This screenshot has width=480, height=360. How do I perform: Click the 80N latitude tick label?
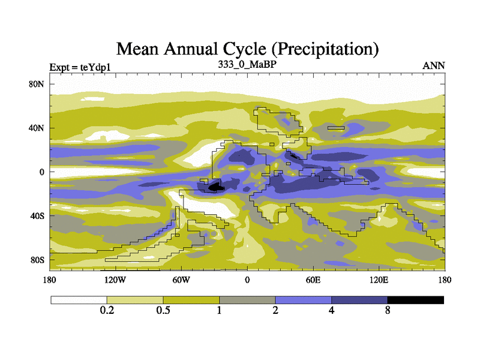(37, 84)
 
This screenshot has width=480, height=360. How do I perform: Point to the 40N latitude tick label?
(37, 128)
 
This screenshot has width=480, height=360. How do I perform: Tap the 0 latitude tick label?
(42, 172)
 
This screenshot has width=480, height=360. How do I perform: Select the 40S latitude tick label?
(37, 215)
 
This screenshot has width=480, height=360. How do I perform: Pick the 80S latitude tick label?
(37, 259)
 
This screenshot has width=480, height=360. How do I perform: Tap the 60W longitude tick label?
(181, 280)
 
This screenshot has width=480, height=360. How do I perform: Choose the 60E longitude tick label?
(313, 280)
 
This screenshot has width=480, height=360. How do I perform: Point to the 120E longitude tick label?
(379, 280)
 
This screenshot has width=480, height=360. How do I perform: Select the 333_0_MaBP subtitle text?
(247, 64)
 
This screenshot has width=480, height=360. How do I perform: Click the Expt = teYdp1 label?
(79, 67)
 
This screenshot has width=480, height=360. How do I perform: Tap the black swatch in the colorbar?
(415, 300)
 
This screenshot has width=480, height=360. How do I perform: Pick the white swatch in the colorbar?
(79, 300)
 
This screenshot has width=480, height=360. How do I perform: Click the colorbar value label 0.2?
(107, 311)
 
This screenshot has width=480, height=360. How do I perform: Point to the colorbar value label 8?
(388, 311)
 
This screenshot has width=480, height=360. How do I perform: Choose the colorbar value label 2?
(275, 311)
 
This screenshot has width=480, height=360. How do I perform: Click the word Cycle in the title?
(231, 48)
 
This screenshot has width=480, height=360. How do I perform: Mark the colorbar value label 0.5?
(163, 311)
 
